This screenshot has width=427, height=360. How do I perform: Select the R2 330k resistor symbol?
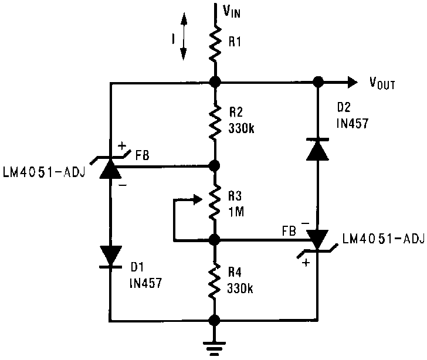[x=215, y=123]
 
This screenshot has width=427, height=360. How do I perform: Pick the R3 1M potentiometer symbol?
[x=215, y=202]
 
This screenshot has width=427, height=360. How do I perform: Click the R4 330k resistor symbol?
[x=215, y=280]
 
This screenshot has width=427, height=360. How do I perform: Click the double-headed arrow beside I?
[x=184, y=36]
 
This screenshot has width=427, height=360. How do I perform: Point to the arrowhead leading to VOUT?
[x=351, y=82]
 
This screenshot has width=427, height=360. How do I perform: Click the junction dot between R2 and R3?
[x=215, y=166]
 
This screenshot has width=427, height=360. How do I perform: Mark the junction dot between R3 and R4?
[x=215, y=240]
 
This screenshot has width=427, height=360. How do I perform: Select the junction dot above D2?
[x=318, y=82]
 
